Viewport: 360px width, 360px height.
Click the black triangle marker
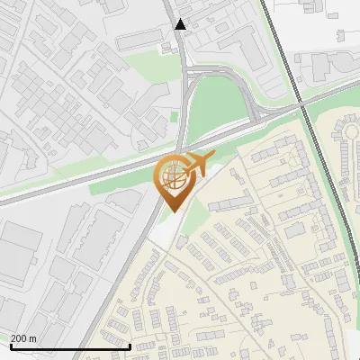(x=181, y=24)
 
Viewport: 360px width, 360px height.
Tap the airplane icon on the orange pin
(x=198, y=164)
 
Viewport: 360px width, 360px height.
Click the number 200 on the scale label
(x=20, y=338)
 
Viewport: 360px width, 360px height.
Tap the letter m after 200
(x=33, y=338)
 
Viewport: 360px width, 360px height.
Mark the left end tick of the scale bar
(x=10, y=345)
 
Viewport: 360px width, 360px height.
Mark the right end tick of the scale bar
(x=130, y=345)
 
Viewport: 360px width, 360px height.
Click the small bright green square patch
(x=174, y=115)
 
